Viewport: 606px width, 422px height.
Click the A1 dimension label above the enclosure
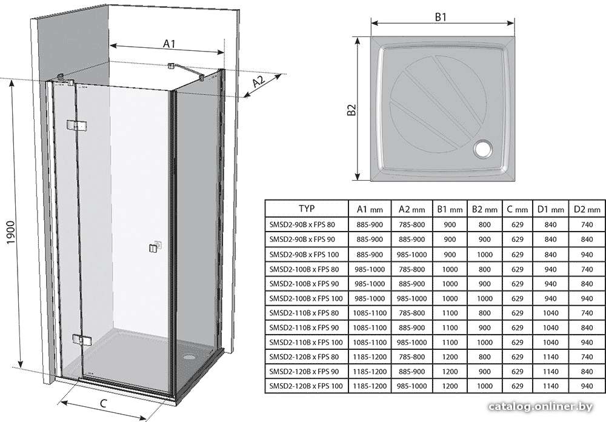coord(169,44)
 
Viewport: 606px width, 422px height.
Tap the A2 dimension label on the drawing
coord(259,82)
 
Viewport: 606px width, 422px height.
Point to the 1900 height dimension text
coord(10,232)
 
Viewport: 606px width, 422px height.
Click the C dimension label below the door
coord(103,403)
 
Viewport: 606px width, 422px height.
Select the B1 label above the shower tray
coord(441,17)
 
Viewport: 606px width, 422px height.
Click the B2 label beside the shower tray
coord(351,110)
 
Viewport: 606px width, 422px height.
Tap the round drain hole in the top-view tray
coord(484,149)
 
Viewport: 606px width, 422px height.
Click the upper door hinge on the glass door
coord(76,125)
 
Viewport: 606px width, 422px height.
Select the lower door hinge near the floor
coord(82,339)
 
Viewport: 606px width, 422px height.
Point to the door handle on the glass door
coord(154,247)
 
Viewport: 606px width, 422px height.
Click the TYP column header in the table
coord(307,209)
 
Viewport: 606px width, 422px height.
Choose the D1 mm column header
coord(550,209)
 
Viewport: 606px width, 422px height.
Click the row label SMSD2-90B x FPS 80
coord(302,225)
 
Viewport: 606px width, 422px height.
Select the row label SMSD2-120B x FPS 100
coord(306,386)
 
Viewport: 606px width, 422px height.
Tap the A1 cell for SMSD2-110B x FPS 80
coord(370,313)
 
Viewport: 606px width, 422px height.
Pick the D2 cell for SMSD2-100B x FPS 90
coord(587,284)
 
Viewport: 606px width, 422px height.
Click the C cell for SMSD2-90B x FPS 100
coord(517,255)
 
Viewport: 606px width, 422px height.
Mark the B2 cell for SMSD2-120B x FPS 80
coord(484,357)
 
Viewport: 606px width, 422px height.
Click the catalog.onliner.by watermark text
coord(541,406)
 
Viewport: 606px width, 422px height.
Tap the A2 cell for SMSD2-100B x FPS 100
coord(411,298)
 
